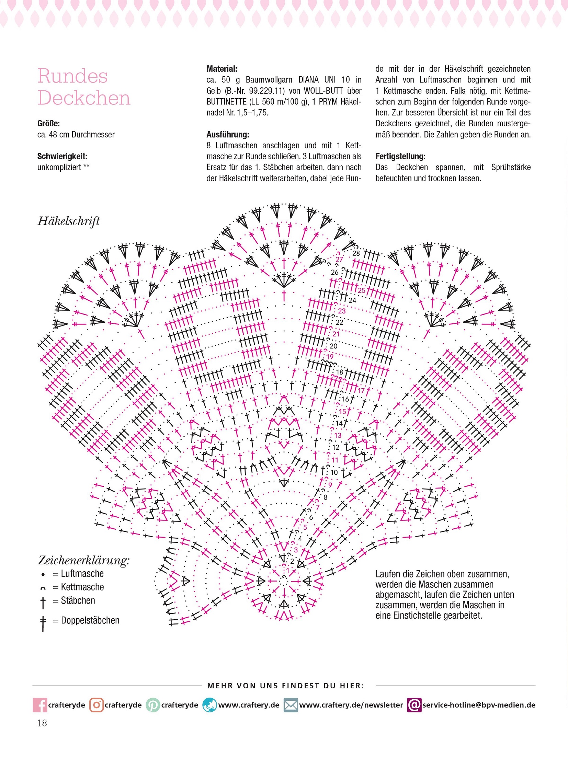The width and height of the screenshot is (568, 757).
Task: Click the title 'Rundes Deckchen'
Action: coord(84,87)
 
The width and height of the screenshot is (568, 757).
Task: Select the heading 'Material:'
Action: coord(222,69)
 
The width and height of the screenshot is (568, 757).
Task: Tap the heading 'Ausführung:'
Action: coord(228,135)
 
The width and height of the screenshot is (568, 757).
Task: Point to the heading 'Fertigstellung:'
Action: coord(400,157)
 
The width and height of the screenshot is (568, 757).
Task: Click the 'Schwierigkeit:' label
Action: coord(62,157)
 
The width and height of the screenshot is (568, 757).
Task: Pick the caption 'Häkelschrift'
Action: coord(69,221)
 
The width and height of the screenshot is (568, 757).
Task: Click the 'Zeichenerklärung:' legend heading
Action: coord(84,560)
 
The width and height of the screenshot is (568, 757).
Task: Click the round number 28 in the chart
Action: coord(356,253)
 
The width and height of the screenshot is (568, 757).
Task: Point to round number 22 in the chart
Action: coord(339,322)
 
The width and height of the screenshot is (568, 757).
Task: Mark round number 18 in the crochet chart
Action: coord(339,372)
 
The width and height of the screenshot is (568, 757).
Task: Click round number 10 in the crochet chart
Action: coord(334,472)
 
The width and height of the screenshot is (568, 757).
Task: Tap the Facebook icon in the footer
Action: coord(40,705)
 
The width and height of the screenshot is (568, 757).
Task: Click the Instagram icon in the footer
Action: coord(96,705)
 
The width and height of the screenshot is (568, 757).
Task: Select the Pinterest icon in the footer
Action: coord(153,705)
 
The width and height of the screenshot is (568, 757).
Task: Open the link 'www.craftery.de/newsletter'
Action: coord(351,705)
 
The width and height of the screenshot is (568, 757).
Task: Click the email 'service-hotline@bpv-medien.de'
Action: coord(479,705)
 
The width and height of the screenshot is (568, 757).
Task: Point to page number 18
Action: coord(42,723)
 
